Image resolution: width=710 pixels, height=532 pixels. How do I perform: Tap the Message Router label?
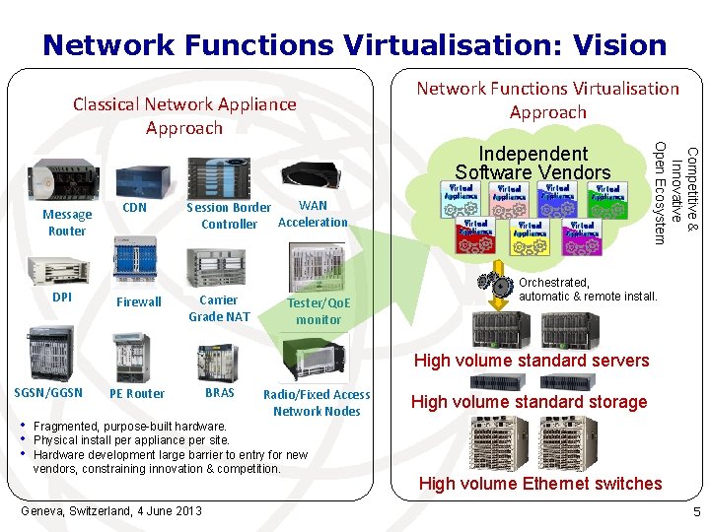[67, 223]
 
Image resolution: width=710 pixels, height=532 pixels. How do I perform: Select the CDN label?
[134, 207]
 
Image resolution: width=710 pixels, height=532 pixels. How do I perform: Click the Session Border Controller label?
[229, 216]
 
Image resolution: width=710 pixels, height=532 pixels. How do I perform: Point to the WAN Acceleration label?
[313, 214]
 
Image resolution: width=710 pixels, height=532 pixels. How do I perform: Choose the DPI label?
[63, 297]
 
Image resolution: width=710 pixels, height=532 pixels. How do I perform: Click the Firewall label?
[139, 302]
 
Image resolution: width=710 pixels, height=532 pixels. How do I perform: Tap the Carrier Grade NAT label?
[219, 308]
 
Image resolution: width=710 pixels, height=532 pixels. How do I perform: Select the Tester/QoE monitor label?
[319, 311]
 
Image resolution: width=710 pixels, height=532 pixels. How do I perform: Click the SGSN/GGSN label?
[48, 392]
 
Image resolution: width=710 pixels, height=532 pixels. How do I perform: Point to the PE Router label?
[137, 393]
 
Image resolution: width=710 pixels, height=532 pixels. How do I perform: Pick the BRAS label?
[220, 392]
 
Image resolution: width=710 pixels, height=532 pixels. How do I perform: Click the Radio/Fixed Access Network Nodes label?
[317, 403]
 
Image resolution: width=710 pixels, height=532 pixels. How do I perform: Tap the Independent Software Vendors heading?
[532, 163]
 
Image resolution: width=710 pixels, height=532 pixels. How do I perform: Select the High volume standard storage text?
[529, 402]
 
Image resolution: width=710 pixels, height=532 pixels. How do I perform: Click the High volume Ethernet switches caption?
[540, 483]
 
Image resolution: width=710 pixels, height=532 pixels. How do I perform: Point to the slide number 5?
[695, 511]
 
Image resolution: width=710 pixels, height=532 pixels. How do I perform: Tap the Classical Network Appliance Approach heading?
[184, 115]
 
